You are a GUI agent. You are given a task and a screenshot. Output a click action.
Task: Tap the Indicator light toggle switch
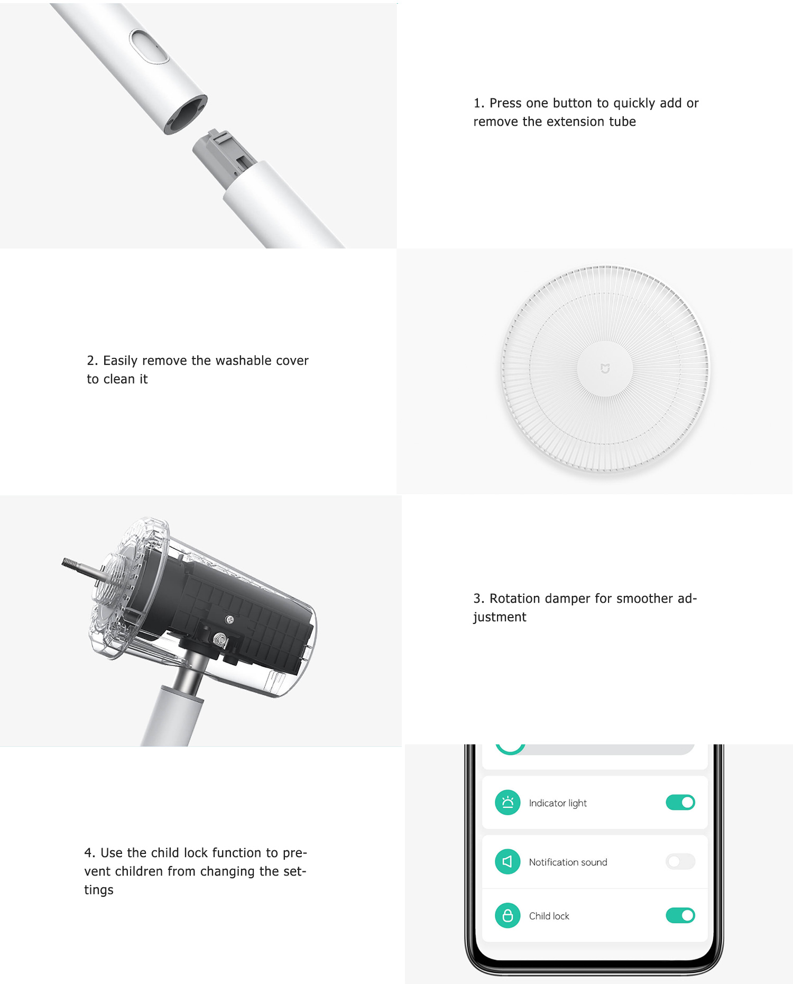click(x=680, y=802)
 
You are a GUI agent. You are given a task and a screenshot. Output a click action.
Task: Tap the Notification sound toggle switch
click(x=680, y=861)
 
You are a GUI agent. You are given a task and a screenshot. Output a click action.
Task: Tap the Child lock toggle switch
click(x=680, y=915)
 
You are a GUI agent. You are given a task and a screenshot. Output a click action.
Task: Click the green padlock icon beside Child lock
click(x=508, y=915)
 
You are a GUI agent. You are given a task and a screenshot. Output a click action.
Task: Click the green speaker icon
click(x=508, y=861)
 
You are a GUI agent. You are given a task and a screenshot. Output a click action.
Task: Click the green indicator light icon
click(x=508, y=802)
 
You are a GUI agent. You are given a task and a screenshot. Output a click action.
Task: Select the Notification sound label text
click(x=568, y=862)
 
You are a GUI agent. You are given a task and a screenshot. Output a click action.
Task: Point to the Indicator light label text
click(x=558, y=803)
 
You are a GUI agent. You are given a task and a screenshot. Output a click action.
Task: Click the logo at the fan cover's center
click(x=605, y=369)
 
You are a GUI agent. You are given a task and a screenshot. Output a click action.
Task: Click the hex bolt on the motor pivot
click(x=220, y=639)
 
